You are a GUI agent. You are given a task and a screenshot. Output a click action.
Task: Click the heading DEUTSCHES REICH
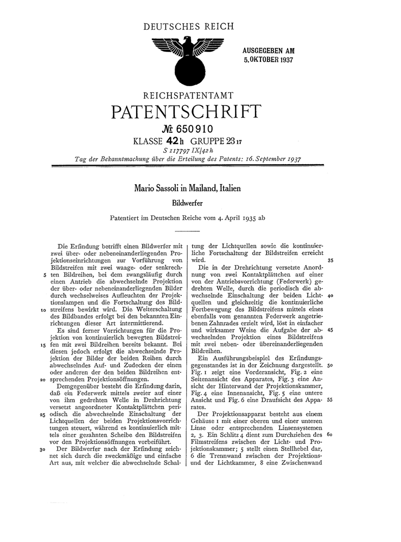[189, 26]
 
